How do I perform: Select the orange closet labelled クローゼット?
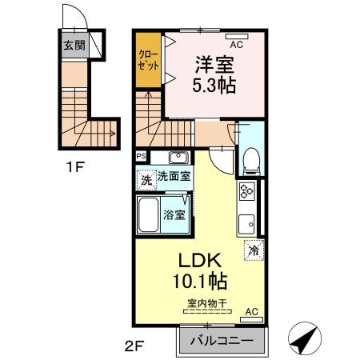point(148,59)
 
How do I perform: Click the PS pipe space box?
point(141,156)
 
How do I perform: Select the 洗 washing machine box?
point(145,178)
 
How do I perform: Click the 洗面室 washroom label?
point(173,177)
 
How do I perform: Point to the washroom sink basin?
point(178,157)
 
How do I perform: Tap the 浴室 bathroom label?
point(174,214)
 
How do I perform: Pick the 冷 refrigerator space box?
point(253,250)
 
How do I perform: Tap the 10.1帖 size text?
point(198,281)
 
